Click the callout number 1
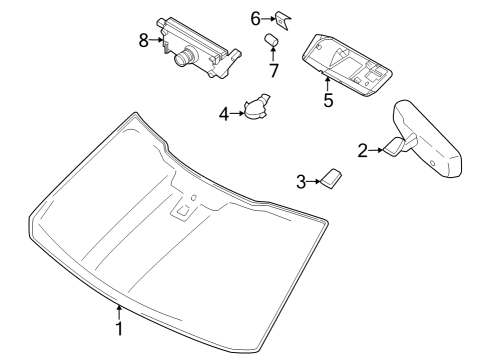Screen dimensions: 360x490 pyautogui.click(x=119, y=329)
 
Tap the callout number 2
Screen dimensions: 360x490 pyautogui.click(x=363, y=151)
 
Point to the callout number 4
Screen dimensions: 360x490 pyautogui.click(x=224, y=113)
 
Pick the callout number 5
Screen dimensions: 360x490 pyautogui.click(x=327, y=100)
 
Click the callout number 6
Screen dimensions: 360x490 pyautogui.click(x=255, y=17)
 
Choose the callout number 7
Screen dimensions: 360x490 pyautogui.click(x=271, y=70)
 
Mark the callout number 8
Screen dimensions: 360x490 pyautogui.click(x=144, y=41)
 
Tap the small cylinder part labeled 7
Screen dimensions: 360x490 pyautogui.click(x=270, y=41)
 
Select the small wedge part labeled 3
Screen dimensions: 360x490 pyautogui.click(x=330, y=178)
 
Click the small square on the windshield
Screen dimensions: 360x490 pyautogui.click(x=182, y=210)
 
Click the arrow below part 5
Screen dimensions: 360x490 pyautogui.click(x=327, y=80)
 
